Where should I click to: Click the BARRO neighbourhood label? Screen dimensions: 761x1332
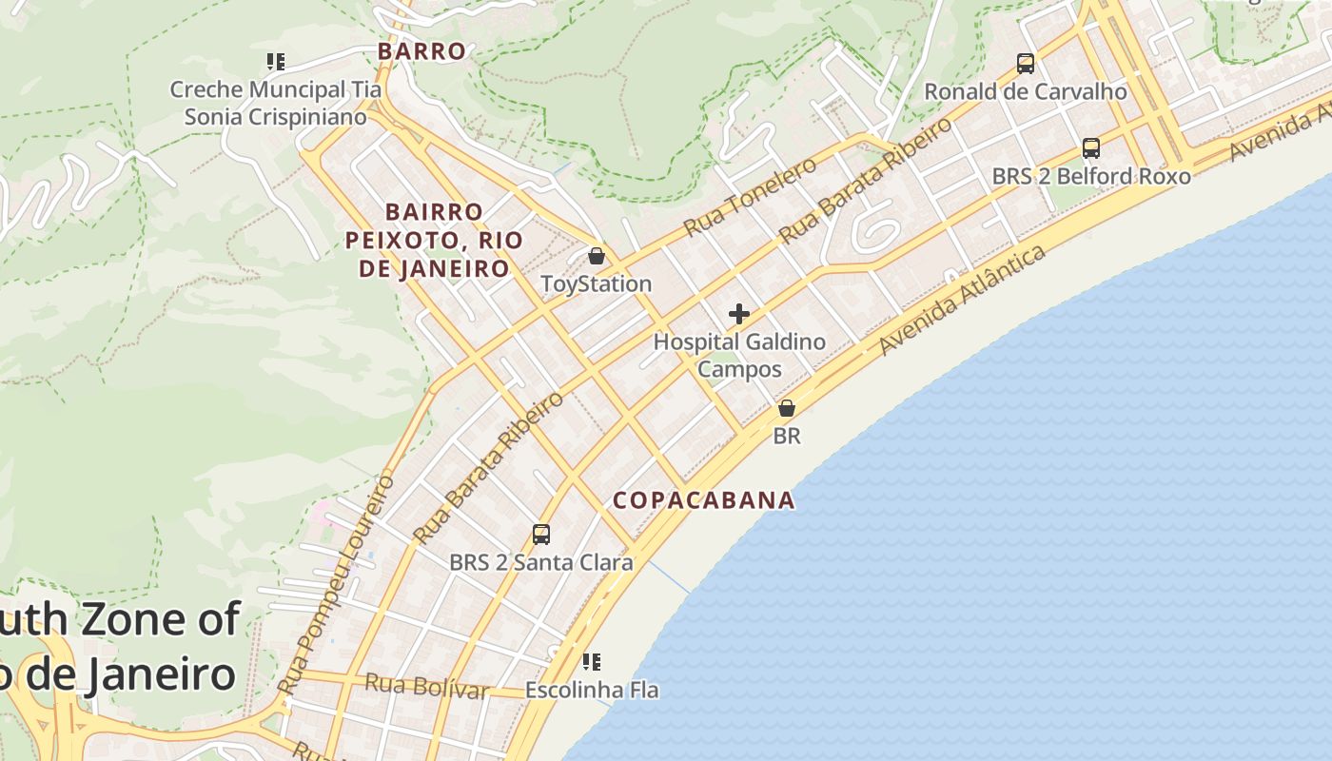421,51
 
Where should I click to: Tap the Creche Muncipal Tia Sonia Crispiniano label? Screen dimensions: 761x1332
275,104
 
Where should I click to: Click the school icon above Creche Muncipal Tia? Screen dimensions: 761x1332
276,63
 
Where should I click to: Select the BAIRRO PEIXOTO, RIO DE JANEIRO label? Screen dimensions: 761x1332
434,240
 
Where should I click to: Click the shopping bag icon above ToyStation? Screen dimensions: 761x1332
597,256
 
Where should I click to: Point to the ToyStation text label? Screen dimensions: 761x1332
597,283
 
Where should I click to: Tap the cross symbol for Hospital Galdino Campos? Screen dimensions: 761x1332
739,314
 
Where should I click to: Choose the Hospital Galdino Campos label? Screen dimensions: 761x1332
739,355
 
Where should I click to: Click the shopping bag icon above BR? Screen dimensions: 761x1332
787,409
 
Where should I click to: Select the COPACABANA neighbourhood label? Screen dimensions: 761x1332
704,500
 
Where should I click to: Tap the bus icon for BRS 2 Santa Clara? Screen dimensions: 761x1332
541,535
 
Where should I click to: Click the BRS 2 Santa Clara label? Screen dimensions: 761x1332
541,562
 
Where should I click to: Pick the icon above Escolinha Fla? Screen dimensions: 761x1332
592,661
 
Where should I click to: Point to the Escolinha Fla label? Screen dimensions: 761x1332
592,690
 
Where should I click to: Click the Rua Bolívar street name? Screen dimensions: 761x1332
426,686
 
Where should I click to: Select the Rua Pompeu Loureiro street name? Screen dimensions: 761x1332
337,585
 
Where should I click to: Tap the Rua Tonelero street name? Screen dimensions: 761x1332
751,197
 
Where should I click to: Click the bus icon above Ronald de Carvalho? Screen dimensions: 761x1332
1026,64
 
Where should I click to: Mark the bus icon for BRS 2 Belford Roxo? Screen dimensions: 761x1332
1091,148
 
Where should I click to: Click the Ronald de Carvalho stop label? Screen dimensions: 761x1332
1026,91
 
